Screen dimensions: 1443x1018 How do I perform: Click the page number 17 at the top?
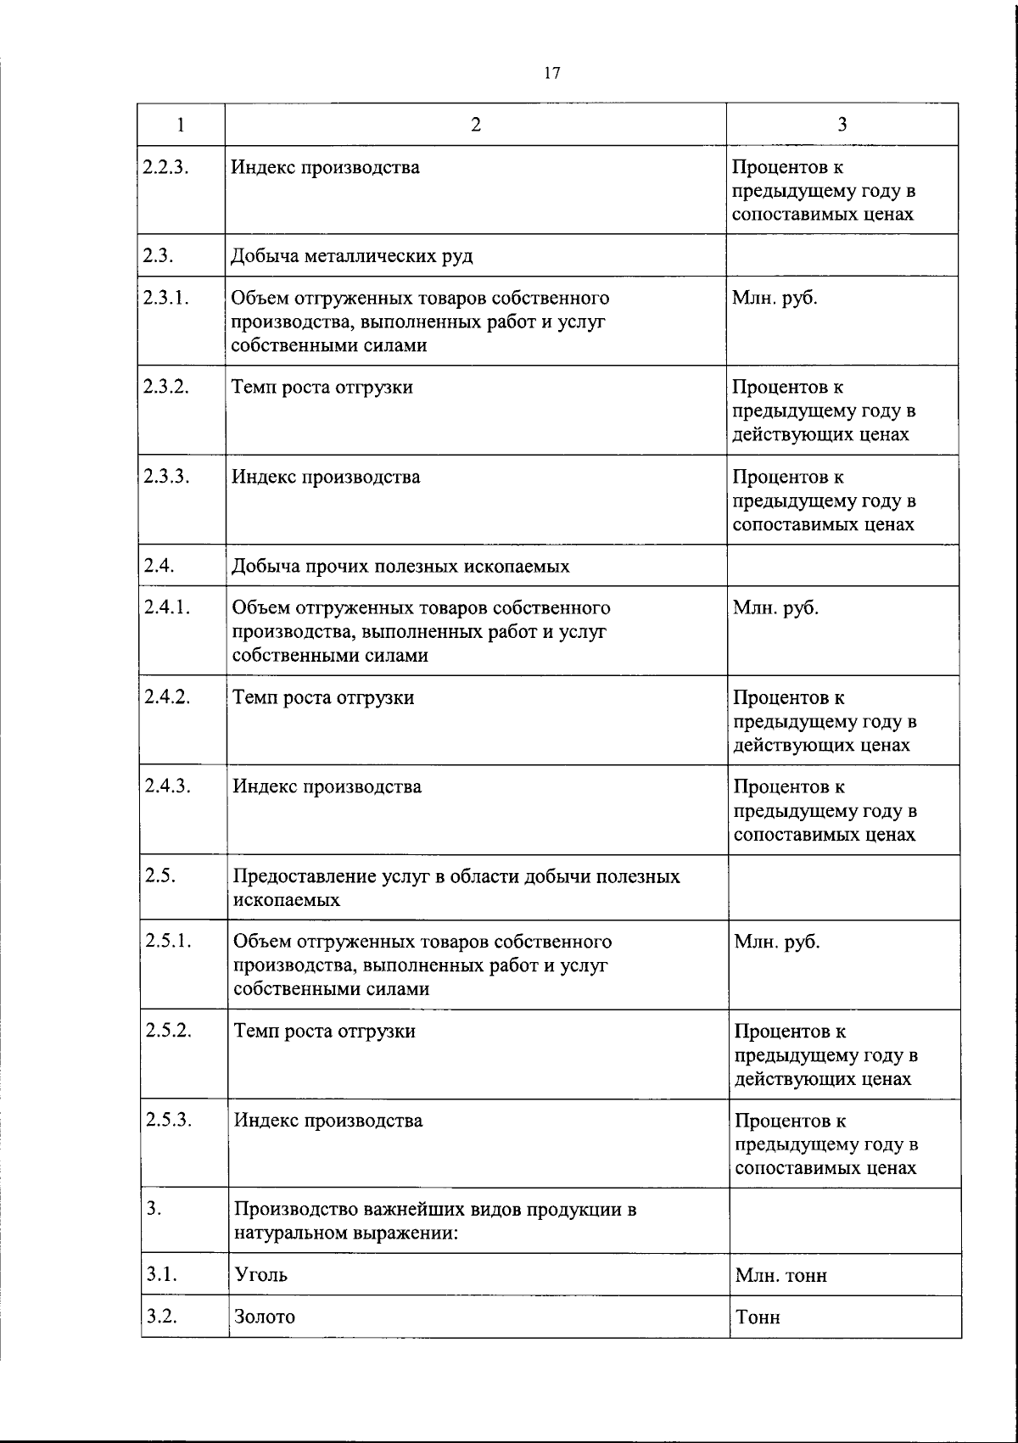coord(552,74)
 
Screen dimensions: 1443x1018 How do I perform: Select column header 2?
coord(476,124)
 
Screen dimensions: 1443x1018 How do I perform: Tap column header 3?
coord(842,124)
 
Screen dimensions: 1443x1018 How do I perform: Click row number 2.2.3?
coord(165,166)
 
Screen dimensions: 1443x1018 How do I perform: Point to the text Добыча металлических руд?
coord(352,255)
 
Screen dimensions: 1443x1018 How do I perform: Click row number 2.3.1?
coord(165,298)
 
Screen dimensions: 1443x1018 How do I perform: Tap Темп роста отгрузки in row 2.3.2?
coord(323,387)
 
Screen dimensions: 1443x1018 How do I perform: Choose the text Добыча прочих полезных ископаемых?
coord(401,566)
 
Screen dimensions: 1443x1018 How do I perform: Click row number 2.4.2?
coord(166,696)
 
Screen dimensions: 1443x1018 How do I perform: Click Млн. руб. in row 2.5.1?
coord(777,942)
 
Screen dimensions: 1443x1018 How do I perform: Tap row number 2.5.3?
coord(168,1120)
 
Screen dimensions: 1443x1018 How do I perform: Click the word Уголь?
coord(261,1274)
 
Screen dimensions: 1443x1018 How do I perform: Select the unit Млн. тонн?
coord(781,1275)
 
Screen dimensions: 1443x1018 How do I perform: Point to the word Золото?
coord(265,1316)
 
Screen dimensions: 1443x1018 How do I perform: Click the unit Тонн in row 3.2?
coord(758,1317)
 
